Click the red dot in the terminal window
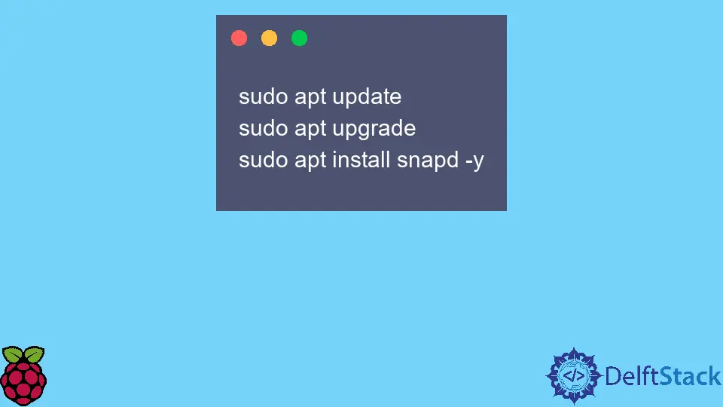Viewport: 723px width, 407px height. pyautogui.click(x=239, y=38)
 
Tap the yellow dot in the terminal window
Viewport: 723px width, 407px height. pyautogui.click(x=270, y=38)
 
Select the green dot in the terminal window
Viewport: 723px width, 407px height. pyautogui.click(x=299, y=38)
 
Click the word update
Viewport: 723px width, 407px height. pyautogui.click(x=367, y=97)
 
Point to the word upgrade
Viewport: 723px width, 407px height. pyautogui.click(x=374, y=129)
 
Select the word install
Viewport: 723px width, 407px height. pyautogui.click(x=361, y=160)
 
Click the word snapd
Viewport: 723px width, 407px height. pyautogui.click(x=428, y=160)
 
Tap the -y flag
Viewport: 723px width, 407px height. pyautogui.click(x=474, y=161)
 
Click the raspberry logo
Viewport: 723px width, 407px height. pyautogui.click(x=23, y=375)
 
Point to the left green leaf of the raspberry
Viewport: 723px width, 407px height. pyautogui.click(x=13, y=354)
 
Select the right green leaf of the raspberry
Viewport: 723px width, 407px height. pyautogui.click(x=34, y=354)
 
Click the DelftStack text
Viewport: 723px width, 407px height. pyautogui.click(x=663, y=376)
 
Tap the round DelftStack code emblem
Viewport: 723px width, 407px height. pyautogui.click(x=574, y=376)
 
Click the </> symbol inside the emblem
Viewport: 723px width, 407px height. pyautogui.click(x=574, y=376)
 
